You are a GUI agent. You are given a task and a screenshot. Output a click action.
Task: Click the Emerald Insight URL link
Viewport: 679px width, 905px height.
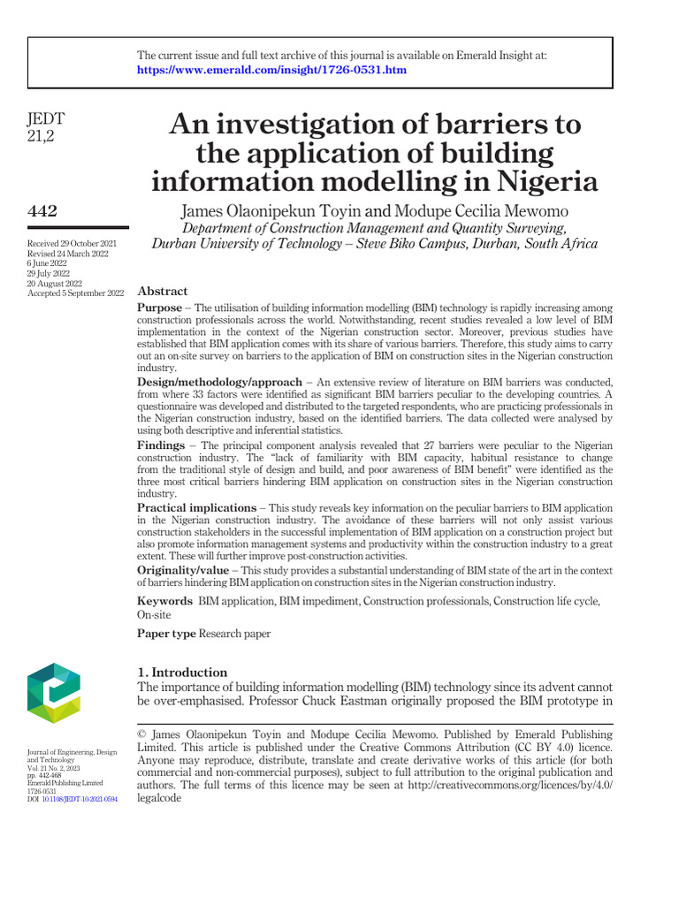click(271, 70)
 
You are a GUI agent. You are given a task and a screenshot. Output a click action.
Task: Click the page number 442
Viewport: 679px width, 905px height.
click(43, 210)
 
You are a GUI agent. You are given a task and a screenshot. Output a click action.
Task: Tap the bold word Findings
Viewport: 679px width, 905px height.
click(160, 445)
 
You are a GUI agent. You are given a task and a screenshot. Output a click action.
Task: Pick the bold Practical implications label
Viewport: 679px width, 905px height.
click(195, 509)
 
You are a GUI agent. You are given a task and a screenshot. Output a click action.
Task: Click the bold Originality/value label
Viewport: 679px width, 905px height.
click(186, 571)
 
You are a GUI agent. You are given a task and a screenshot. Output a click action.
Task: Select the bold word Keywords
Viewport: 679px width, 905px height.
click(164, 602)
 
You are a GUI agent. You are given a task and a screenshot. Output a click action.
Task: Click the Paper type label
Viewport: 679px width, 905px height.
click(166, 634)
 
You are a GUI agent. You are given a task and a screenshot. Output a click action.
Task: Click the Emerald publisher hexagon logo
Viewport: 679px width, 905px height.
click(54, 693)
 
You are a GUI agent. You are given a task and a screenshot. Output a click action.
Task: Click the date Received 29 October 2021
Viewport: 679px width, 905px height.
click(72, 243)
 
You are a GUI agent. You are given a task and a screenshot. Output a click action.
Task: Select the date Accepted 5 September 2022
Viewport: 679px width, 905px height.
click(76, 293)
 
